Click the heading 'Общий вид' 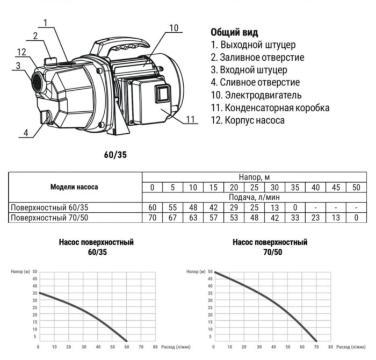[234, 32]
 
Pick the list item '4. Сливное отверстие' [255, 82]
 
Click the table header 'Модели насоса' [74, 188]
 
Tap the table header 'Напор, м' [254, 176]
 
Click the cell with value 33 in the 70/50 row [294, 218]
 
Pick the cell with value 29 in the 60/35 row [234, 207]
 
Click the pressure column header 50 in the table [355, 188]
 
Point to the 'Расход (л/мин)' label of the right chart [352, 347]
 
